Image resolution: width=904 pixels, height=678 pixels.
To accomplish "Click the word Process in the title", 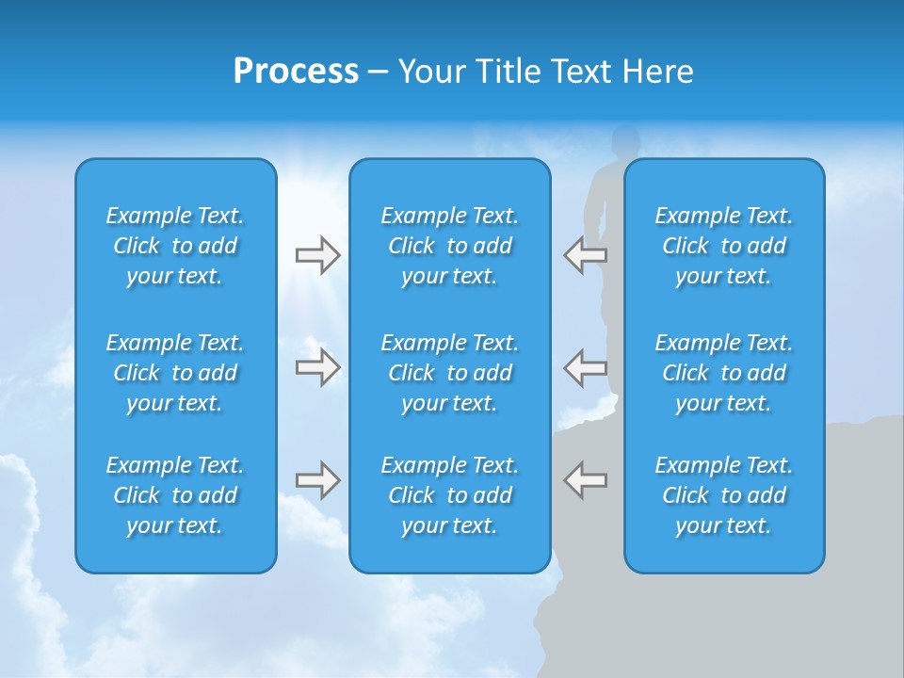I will tap(296, 72).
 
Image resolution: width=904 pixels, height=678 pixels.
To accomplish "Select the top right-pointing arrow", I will tap(318, 255).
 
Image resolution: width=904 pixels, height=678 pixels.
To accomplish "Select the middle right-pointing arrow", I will tap(318, 367).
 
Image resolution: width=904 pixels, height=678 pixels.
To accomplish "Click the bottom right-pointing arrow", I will tap(318, 480).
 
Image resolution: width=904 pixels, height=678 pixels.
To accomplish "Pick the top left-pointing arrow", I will tap(585, 255).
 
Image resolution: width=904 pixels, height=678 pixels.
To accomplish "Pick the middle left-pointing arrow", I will tap(585, 367).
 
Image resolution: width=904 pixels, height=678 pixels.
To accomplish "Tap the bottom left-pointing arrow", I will tap(585, 480).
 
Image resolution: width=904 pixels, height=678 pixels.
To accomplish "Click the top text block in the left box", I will tap(175, 246).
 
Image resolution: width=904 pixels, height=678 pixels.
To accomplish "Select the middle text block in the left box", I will tap(175, 373).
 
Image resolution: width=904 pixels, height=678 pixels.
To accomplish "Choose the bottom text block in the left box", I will tap(175, 495).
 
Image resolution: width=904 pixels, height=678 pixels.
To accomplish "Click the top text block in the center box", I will tap(449, 246).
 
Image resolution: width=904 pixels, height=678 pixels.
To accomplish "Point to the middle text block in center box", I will tap(449, 373).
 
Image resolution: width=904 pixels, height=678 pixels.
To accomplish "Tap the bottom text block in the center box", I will tap(449, 495).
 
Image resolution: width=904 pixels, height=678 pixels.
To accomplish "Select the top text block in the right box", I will tap(723, 246).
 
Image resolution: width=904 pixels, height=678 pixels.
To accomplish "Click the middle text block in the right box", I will tap(723, 373).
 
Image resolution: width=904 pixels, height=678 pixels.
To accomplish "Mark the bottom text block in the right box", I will tap(723, 495).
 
